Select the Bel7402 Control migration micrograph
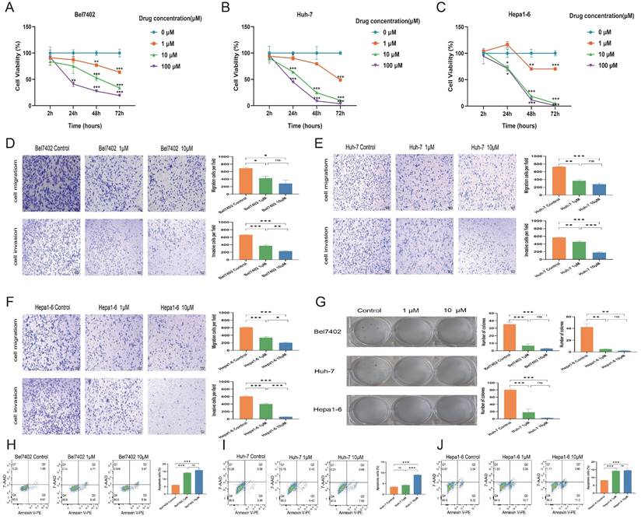[48, 184]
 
